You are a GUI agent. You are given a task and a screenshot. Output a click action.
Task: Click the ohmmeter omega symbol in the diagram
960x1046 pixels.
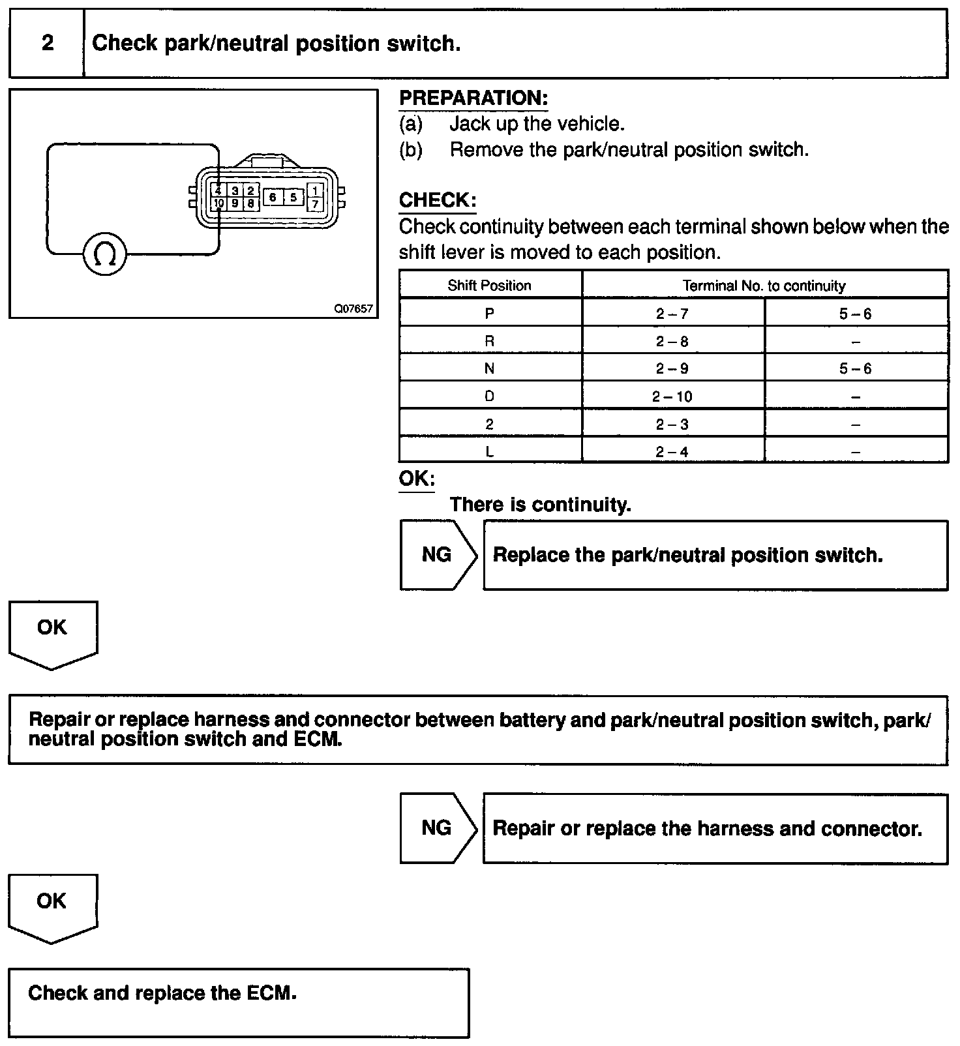point(104,254)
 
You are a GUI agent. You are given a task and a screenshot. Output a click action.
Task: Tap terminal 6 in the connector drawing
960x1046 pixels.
point(273,197)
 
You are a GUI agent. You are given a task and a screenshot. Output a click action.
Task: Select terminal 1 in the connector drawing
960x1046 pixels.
point(315,190)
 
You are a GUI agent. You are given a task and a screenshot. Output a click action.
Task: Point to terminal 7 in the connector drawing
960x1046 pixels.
point(315,204)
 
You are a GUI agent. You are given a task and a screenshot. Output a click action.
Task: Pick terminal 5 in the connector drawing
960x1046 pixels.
point(293,197)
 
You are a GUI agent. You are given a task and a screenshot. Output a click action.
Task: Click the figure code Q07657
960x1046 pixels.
point(353,308)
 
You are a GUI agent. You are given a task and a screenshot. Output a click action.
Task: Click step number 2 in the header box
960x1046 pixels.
point(48,44)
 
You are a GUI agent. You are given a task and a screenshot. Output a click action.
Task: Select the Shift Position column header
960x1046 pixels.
point(489,286)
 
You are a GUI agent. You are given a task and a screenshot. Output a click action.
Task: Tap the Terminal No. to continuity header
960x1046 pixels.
point(764,286)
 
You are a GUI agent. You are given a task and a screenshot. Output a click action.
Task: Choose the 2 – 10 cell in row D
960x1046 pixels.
point(672,396)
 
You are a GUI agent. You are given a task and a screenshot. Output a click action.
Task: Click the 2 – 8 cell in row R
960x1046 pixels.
point(672,341)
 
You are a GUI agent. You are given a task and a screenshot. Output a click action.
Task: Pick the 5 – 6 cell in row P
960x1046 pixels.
point(855,314)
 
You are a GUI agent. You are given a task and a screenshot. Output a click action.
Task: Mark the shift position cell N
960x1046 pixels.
point(489,368)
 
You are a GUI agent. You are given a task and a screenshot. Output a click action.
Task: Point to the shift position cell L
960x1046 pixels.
point(489,452)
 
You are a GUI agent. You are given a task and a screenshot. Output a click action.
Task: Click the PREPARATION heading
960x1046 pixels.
point(473,98)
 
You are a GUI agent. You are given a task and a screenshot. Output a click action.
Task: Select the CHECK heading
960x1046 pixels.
point(438,200)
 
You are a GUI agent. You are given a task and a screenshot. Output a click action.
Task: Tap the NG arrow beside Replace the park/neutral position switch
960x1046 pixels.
point(437,555)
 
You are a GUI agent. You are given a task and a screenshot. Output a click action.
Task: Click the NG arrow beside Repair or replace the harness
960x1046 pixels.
point(437,828)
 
